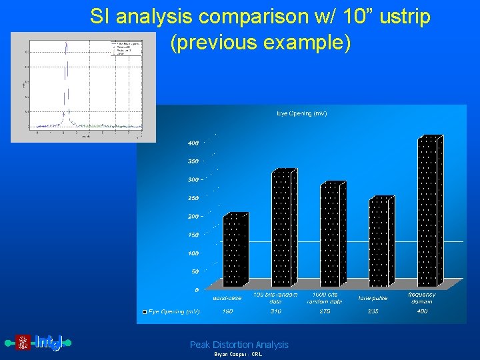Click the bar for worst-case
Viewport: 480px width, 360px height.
coord(235,250)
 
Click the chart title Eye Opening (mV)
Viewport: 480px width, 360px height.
coord(301,114)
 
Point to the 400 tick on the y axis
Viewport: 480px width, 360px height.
coord(192,143)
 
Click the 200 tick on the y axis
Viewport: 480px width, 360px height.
coord(192,217)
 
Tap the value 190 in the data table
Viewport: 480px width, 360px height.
coord(227,311)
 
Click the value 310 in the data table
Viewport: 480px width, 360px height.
coord(275,311)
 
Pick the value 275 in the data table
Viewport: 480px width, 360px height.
coord(325,311)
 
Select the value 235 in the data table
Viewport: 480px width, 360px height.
coord(373,311)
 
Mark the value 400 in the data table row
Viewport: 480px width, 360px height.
coord(422,311)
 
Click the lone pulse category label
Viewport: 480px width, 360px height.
coord(373,298)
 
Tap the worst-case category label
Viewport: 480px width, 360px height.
coord(227,297)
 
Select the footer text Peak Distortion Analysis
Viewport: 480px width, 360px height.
coord(239,345)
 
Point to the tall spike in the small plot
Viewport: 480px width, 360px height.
coord(65,73)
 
